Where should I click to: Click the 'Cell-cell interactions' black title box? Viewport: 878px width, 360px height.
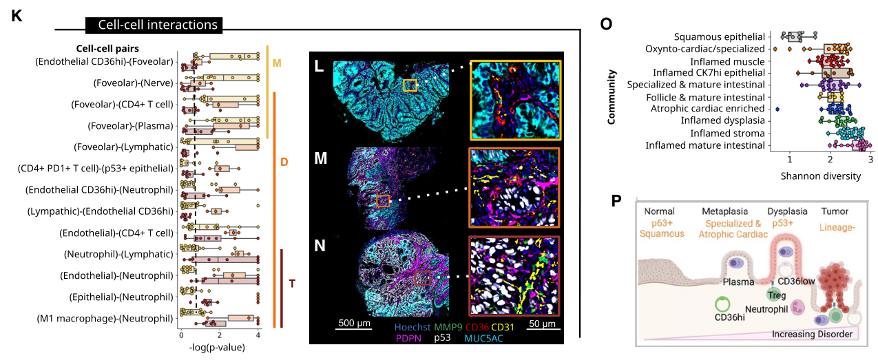pyautogui.click(x=154, y=25)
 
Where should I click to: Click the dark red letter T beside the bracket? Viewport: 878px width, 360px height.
pyautogui.click(x=293, y=284)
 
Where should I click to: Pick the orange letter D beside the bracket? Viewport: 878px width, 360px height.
pyautogui.click(x=284, y=162)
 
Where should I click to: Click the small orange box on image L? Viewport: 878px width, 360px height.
pyautogui.click(x=410, y=85)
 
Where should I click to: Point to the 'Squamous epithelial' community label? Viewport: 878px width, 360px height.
pyautogui.click(x=720, y=36)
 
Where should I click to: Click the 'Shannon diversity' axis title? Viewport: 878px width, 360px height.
pyautogui.click(x=820, y=176)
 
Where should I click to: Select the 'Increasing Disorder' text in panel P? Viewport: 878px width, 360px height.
pyautogui.click(x=813, y=334)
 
